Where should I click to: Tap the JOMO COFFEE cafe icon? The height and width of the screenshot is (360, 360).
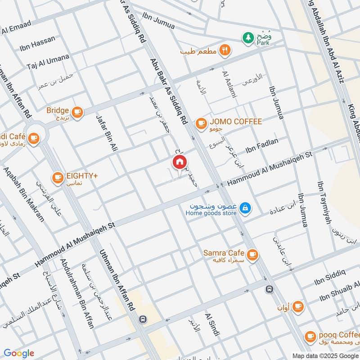201,122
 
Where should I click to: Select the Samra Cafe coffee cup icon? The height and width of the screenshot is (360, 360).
252,254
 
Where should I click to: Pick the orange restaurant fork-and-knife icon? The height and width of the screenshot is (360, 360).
225,50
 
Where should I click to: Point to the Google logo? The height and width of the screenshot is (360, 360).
18,353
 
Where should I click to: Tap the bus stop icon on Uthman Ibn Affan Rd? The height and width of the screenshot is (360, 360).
143,319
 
